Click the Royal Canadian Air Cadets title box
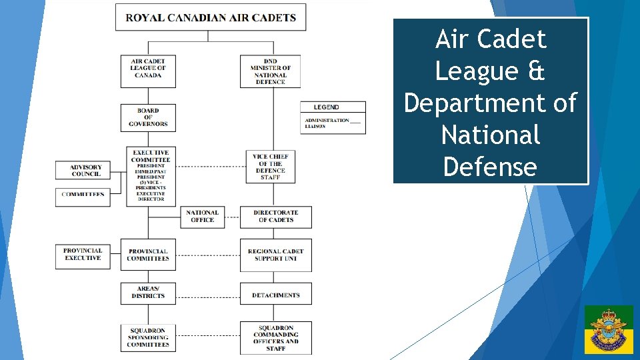[211, 17]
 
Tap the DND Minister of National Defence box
[270, 71]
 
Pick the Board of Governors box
[148, 117]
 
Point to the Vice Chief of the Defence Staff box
[270, 167]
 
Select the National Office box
[203, 217]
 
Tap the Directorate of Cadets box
[275, 217]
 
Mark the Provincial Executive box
[83, 255]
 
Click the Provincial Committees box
[148, 255]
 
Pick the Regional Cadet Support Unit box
[275, 255]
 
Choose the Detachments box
[275, 294]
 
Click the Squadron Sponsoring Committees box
[148, 337]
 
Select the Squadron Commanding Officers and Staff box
[275, 338]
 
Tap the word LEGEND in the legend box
[326, 107]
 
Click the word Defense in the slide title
[489, 166]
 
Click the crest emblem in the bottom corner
[609, 329]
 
